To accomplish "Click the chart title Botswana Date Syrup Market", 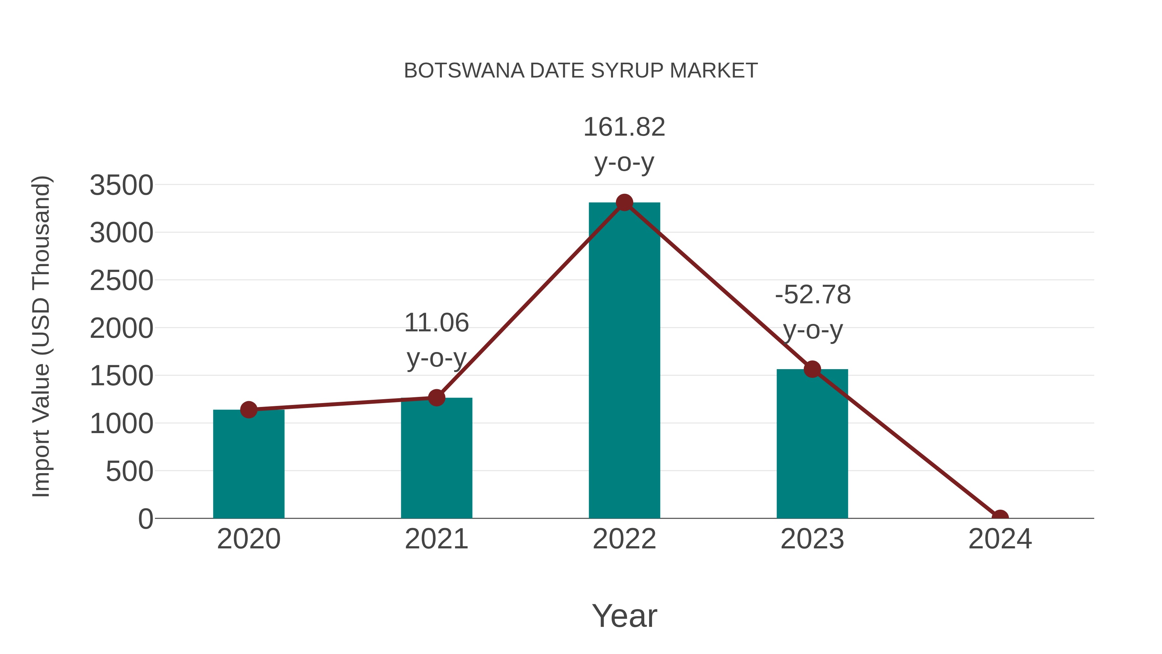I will tap(581, 71).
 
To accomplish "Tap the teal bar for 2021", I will tap(436, 458).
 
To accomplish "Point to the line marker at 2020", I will tap(249, 410).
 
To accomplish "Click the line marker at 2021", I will tap(436, 398).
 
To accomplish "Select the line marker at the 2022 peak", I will tap(624, 202).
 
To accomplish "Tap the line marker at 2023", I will tap(812, 369).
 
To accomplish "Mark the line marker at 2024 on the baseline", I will tap(1000, 517).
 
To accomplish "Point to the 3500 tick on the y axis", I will tap(121, 185).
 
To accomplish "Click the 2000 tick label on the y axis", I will tap(121, 328).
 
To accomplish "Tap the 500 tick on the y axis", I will tap(129, 471).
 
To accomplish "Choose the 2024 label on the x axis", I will tap(1000, 539).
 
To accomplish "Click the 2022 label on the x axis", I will tap(624, 539).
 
